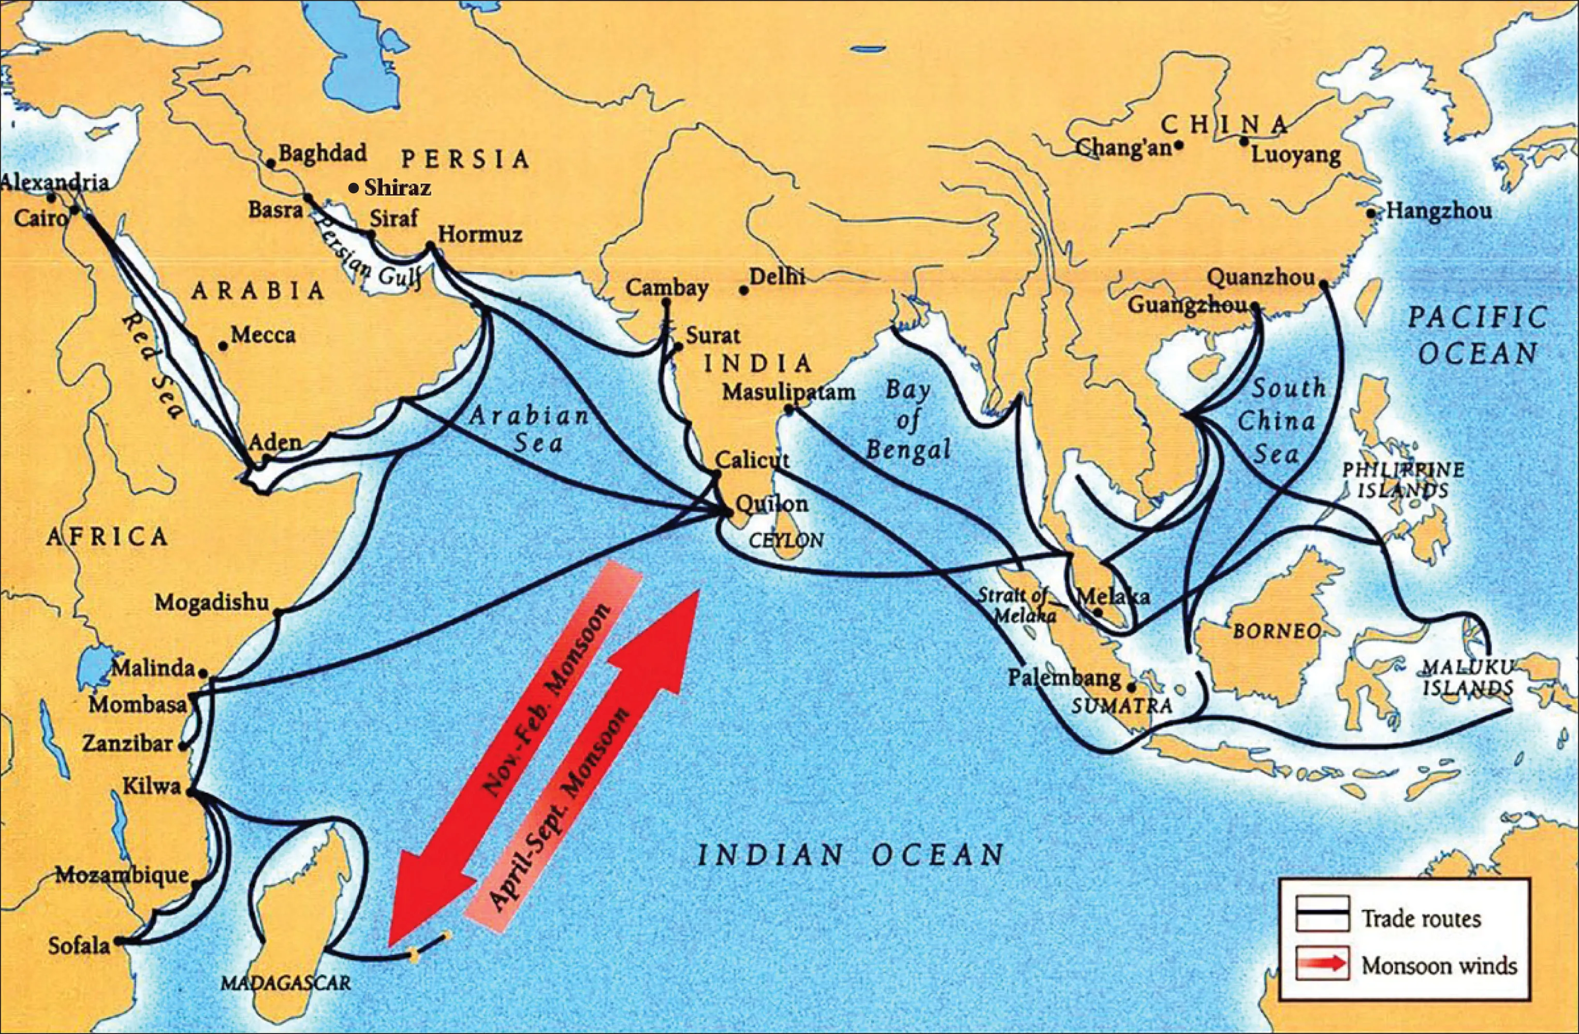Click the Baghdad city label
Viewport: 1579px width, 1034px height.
pyautogui.click(x=322, y=153)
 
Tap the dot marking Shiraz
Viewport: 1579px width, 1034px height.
pyautogui.click(x=354, y=189)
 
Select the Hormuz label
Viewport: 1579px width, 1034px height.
pyautogui.click(x=480, y=234)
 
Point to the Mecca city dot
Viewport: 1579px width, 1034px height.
pyautogui.click(x=224, y=346)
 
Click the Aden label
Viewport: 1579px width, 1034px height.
pyautogui.click(x=275, y=441)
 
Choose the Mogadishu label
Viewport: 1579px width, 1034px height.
pyautogui.click(x=212, y=602)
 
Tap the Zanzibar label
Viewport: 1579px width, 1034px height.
pyautogui.click(x=127, y=744)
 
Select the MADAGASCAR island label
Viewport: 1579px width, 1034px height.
pyautogui.click(x=285, y=983)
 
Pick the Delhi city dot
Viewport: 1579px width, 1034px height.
pyautogui.click(x=744, y=291)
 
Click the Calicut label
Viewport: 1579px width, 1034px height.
pyautogui.click(x=752, y=459)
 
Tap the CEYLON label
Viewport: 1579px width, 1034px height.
pyautogui.click(x=786, y=540)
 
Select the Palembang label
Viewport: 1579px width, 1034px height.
pyautogui.click(x=1063, y=678)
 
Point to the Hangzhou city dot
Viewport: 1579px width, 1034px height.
pyautogui.click(x=1371, y=213)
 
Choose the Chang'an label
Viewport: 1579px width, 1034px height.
pyautogui.click(x=1123, y=147)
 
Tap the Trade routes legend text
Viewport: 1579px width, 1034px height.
pyautogui.click(x=1421, y=919)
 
